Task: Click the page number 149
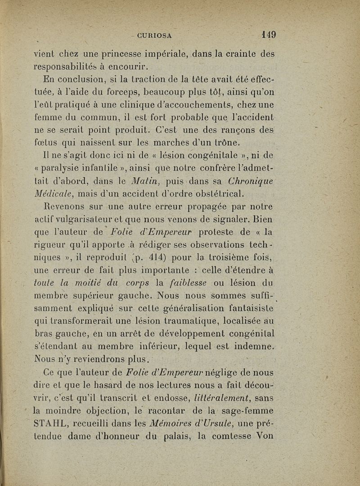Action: tap(268, 34)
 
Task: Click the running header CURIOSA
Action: tap(156, 35)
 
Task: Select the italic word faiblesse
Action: tap(189, 283)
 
